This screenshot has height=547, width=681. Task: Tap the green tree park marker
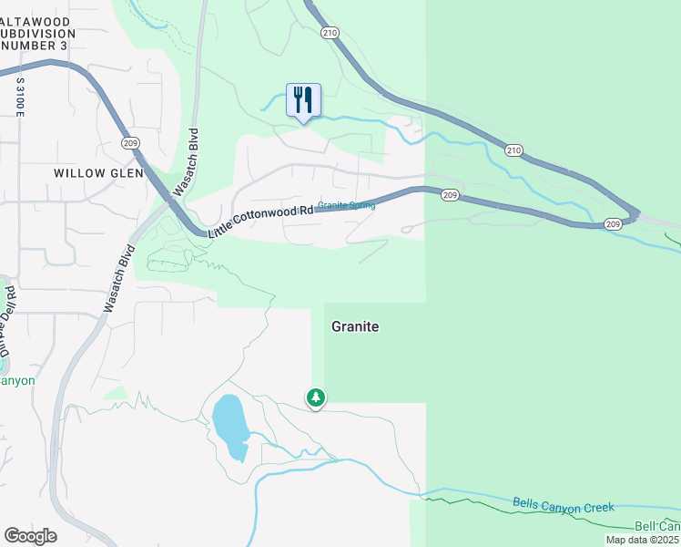pos(316,397)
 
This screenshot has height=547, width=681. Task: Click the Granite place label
pos(355,326)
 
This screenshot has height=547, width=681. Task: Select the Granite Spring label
pos(346,205)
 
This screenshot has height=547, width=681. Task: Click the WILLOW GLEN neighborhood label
pos(94,172)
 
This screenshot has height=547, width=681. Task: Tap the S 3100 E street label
pos(19,96)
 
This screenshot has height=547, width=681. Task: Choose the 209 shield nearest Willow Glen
pos(129,143)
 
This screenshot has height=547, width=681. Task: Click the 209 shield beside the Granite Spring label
pos(450,195)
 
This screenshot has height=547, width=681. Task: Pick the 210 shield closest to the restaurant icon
pos(329,33)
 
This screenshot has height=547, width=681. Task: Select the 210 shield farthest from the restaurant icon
pos(514,150)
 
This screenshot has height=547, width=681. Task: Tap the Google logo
pos(30,536)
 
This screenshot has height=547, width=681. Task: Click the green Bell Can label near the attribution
pos(656,526)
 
